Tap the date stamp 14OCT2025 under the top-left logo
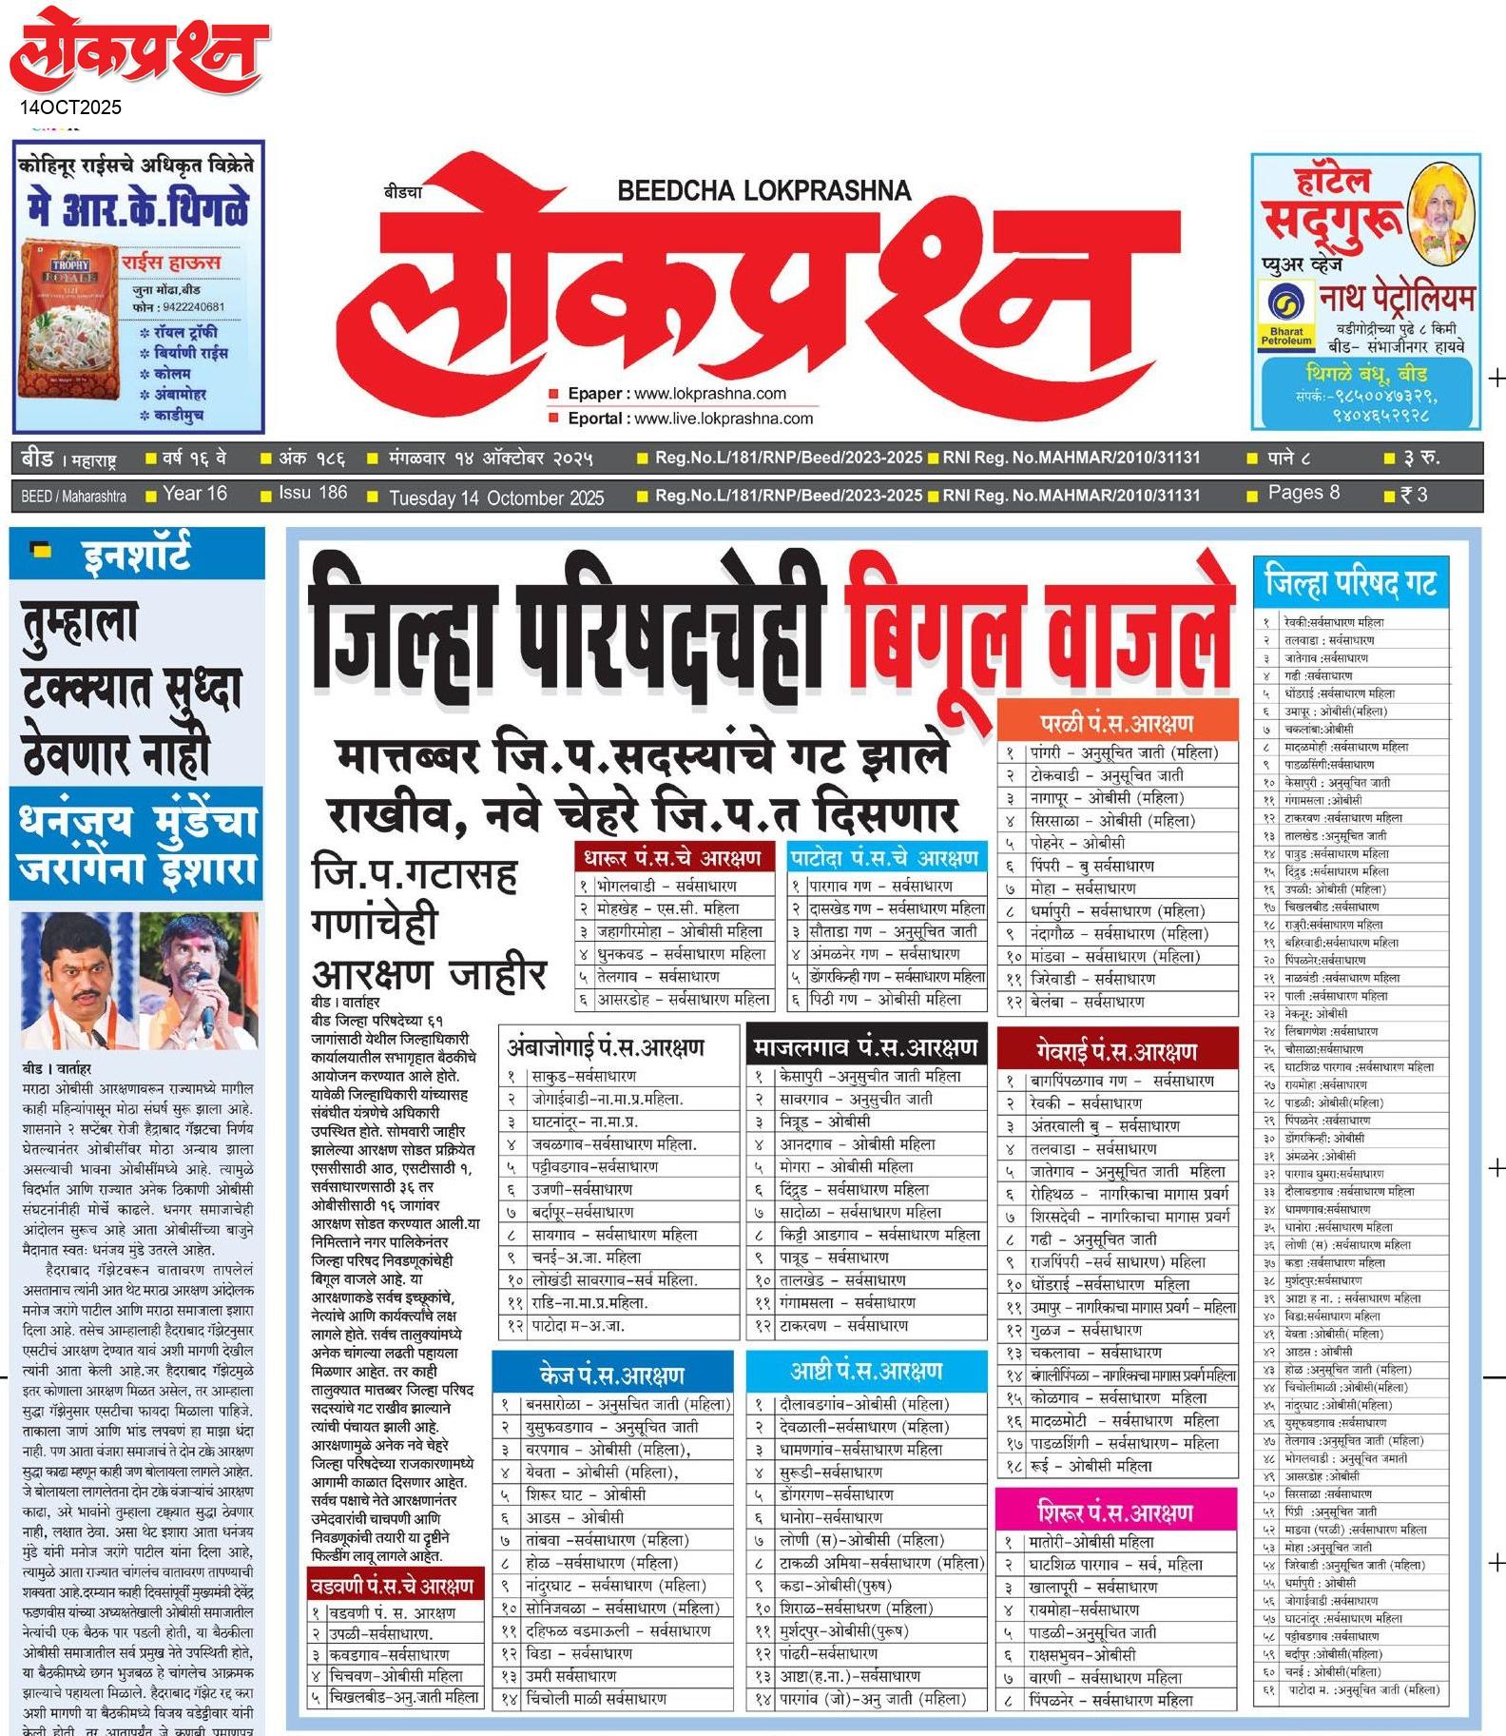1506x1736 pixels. point(71,107)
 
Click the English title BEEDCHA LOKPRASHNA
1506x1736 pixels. point(763,190)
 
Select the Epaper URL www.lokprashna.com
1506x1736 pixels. point(709,394)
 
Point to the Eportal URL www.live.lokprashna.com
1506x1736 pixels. point(724,419)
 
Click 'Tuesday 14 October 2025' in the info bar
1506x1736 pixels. point(496,497)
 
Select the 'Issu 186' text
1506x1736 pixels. point(313,493)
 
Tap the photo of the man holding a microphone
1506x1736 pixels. point(199,979)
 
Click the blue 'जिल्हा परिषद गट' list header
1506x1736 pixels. point(1350,582)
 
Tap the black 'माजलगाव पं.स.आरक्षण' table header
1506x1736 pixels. point(865,1047)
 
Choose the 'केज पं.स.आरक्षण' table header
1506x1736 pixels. point(612,1375)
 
